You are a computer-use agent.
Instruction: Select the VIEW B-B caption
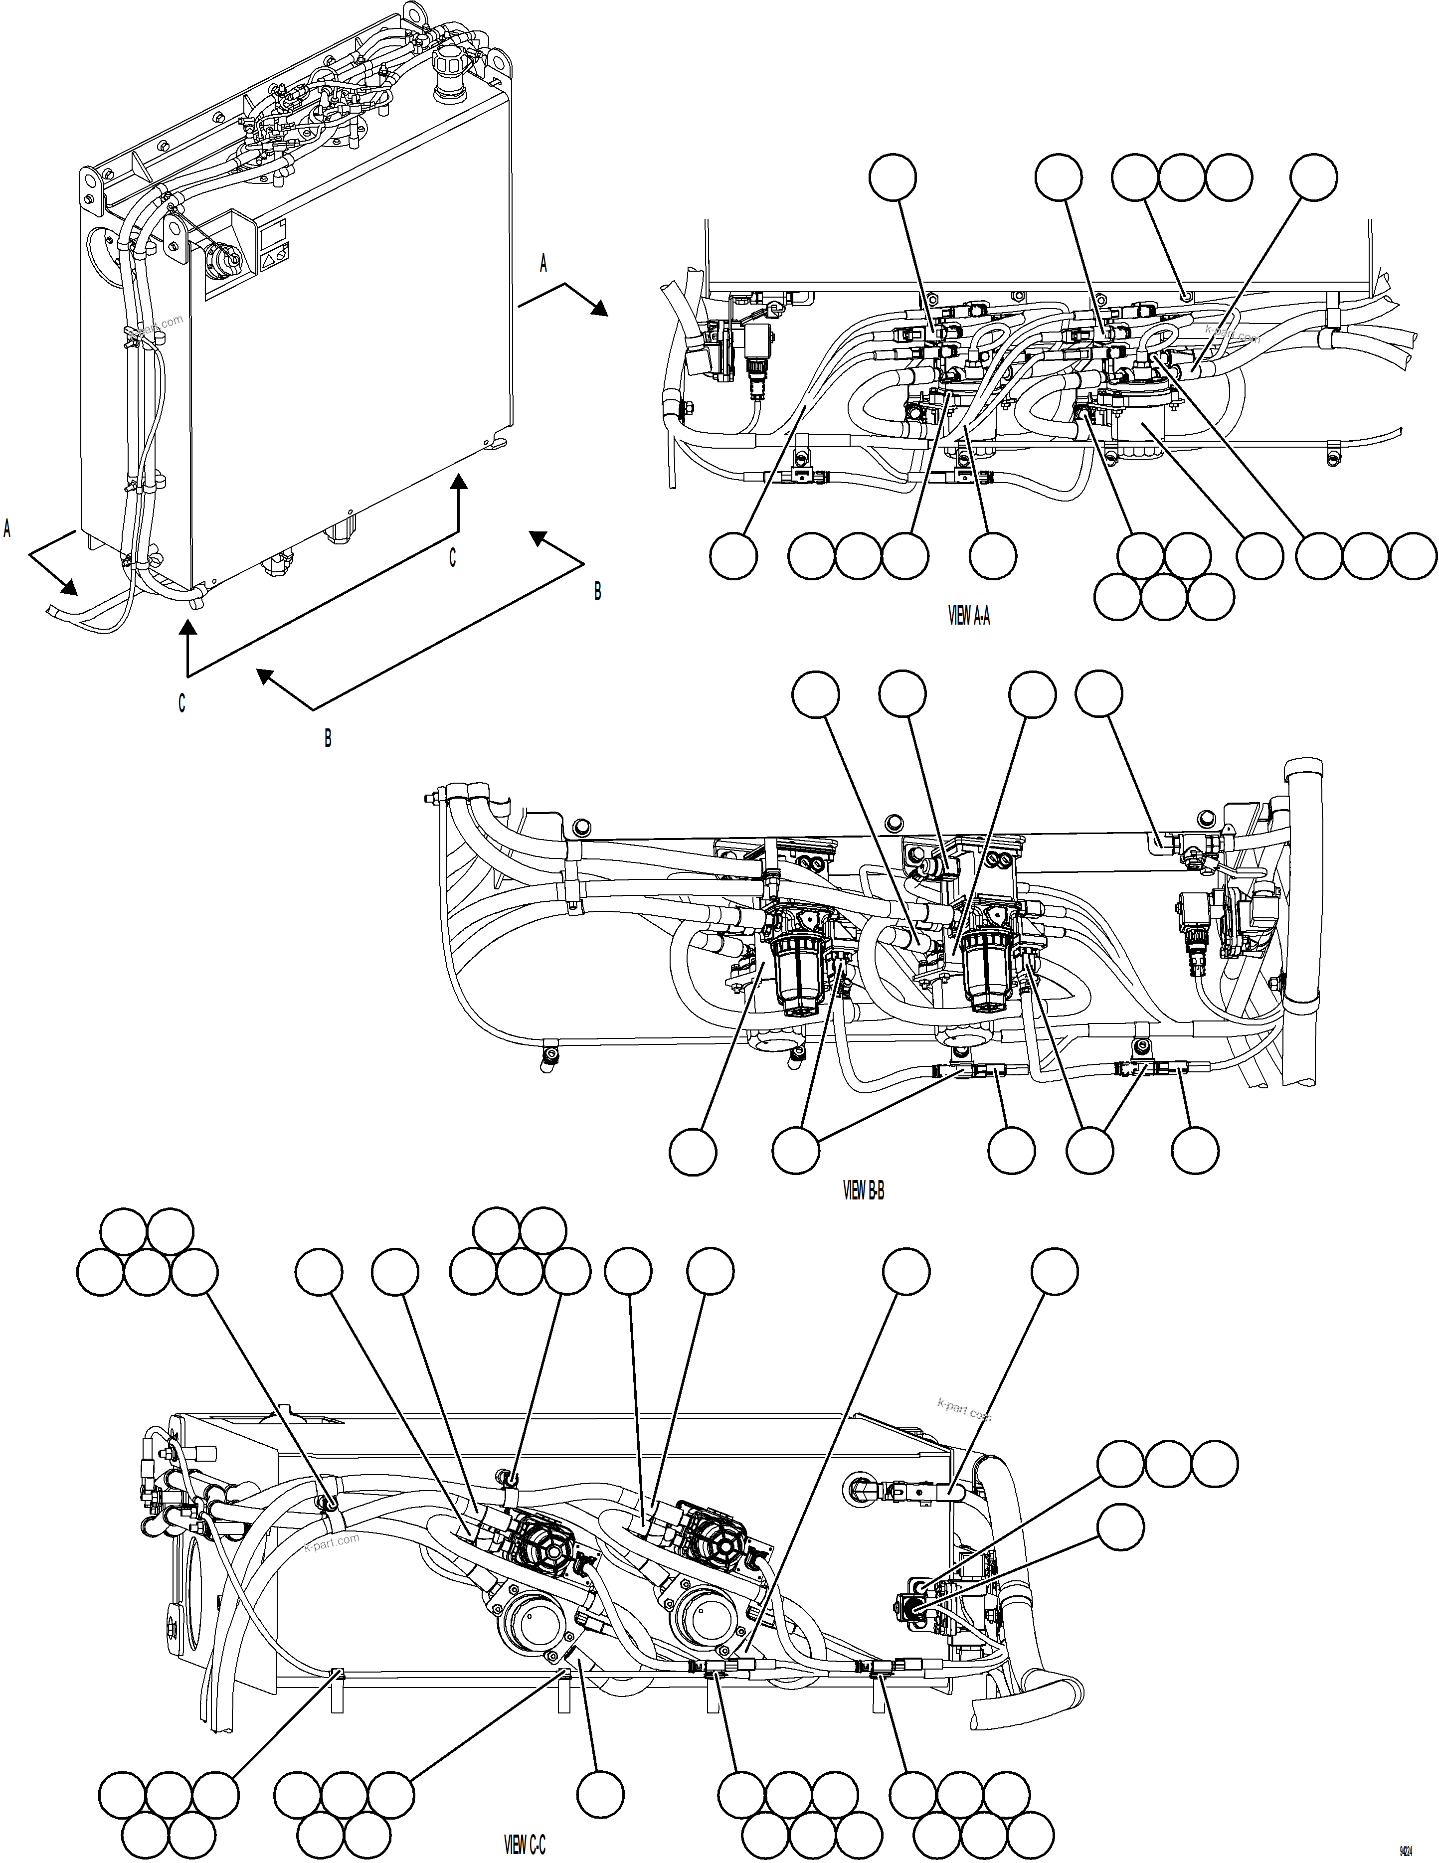coord(863,1191)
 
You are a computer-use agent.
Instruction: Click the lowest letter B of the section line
coord(328,739)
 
